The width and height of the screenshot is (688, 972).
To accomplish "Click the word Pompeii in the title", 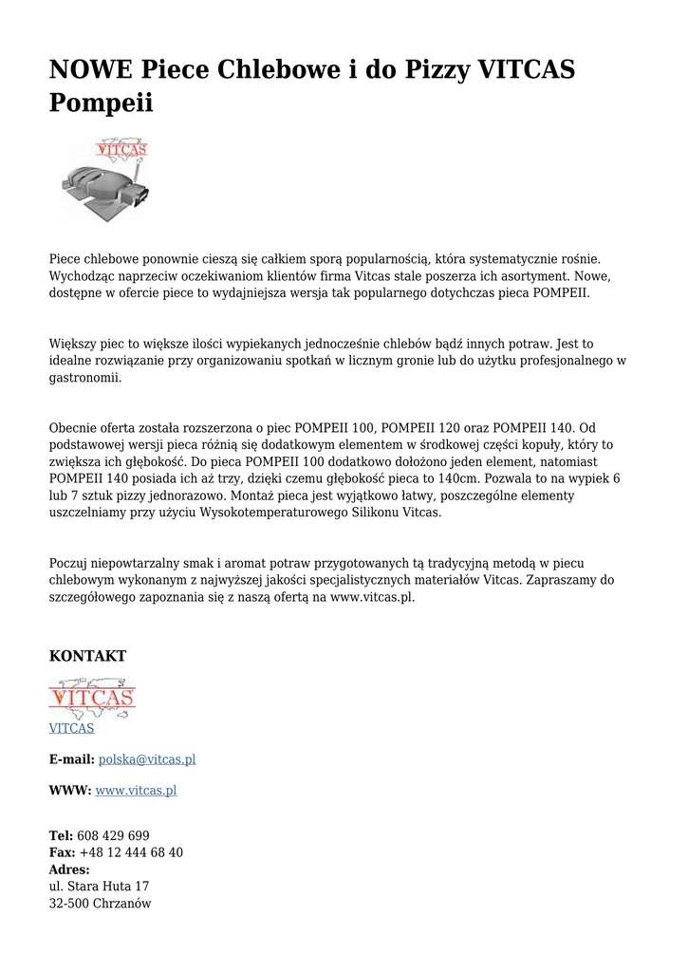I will (x=101, y=103).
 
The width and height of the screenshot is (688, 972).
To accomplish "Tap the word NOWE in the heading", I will (x=91, y=69).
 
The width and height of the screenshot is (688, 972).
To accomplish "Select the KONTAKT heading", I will (x=87, y=656).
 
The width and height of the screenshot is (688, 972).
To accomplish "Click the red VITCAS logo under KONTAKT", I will (x=92, y=699).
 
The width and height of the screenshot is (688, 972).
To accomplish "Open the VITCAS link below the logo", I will (x=71, y=728).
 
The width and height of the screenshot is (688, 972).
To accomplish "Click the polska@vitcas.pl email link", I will (x=147, y=759).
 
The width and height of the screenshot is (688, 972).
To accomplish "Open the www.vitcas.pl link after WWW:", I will (x=136, y=790).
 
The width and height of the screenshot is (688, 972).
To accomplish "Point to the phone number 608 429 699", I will (x=113, y=835).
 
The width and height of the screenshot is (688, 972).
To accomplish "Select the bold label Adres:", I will (x=69, y=869).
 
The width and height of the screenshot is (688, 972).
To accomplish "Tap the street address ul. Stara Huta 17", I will (x=99, y=887).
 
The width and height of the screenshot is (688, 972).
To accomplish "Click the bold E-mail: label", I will (x=71, y=759).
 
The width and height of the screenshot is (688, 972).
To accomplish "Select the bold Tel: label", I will (x=61, y=835).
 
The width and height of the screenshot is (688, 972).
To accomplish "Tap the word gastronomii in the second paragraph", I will (x=85, y=377).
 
